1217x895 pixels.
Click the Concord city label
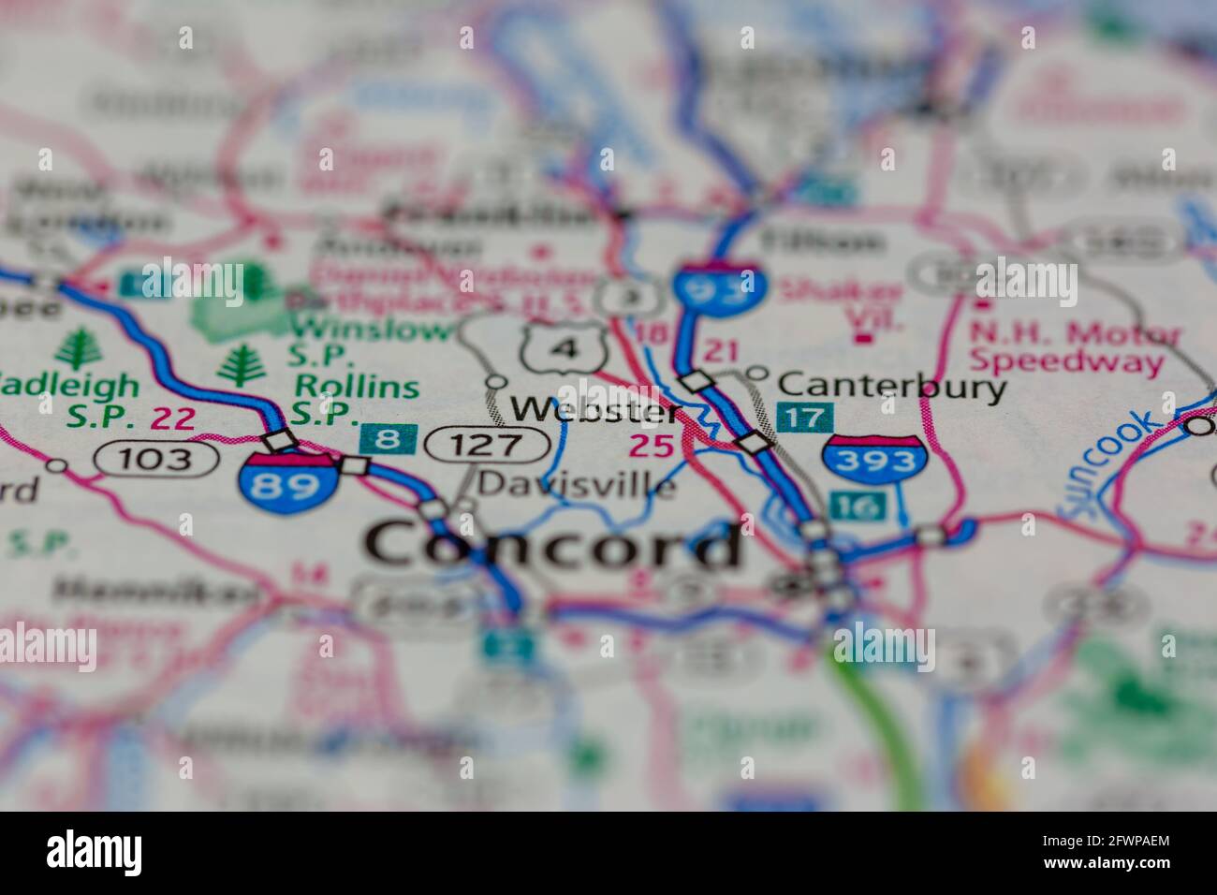[552, 546]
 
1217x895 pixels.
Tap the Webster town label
[594, 409]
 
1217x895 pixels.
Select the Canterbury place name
[892, 385]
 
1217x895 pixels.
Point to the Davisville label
[576, 484]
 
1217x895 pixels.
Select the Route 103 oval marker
[156, 459]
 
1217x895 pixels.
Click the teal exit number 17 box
[804, 418]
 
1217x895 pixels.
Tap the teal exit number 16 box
[857, 506]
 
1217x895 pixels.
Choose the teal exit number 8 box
[388, 439]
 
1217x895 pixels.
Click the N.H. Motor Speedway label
[1074, 346]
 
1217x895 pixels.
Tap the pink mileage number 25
[651, 446]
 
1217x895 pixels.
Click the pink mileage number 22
[173, 418]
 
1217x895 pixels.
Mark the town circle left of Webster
[496, 382]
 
